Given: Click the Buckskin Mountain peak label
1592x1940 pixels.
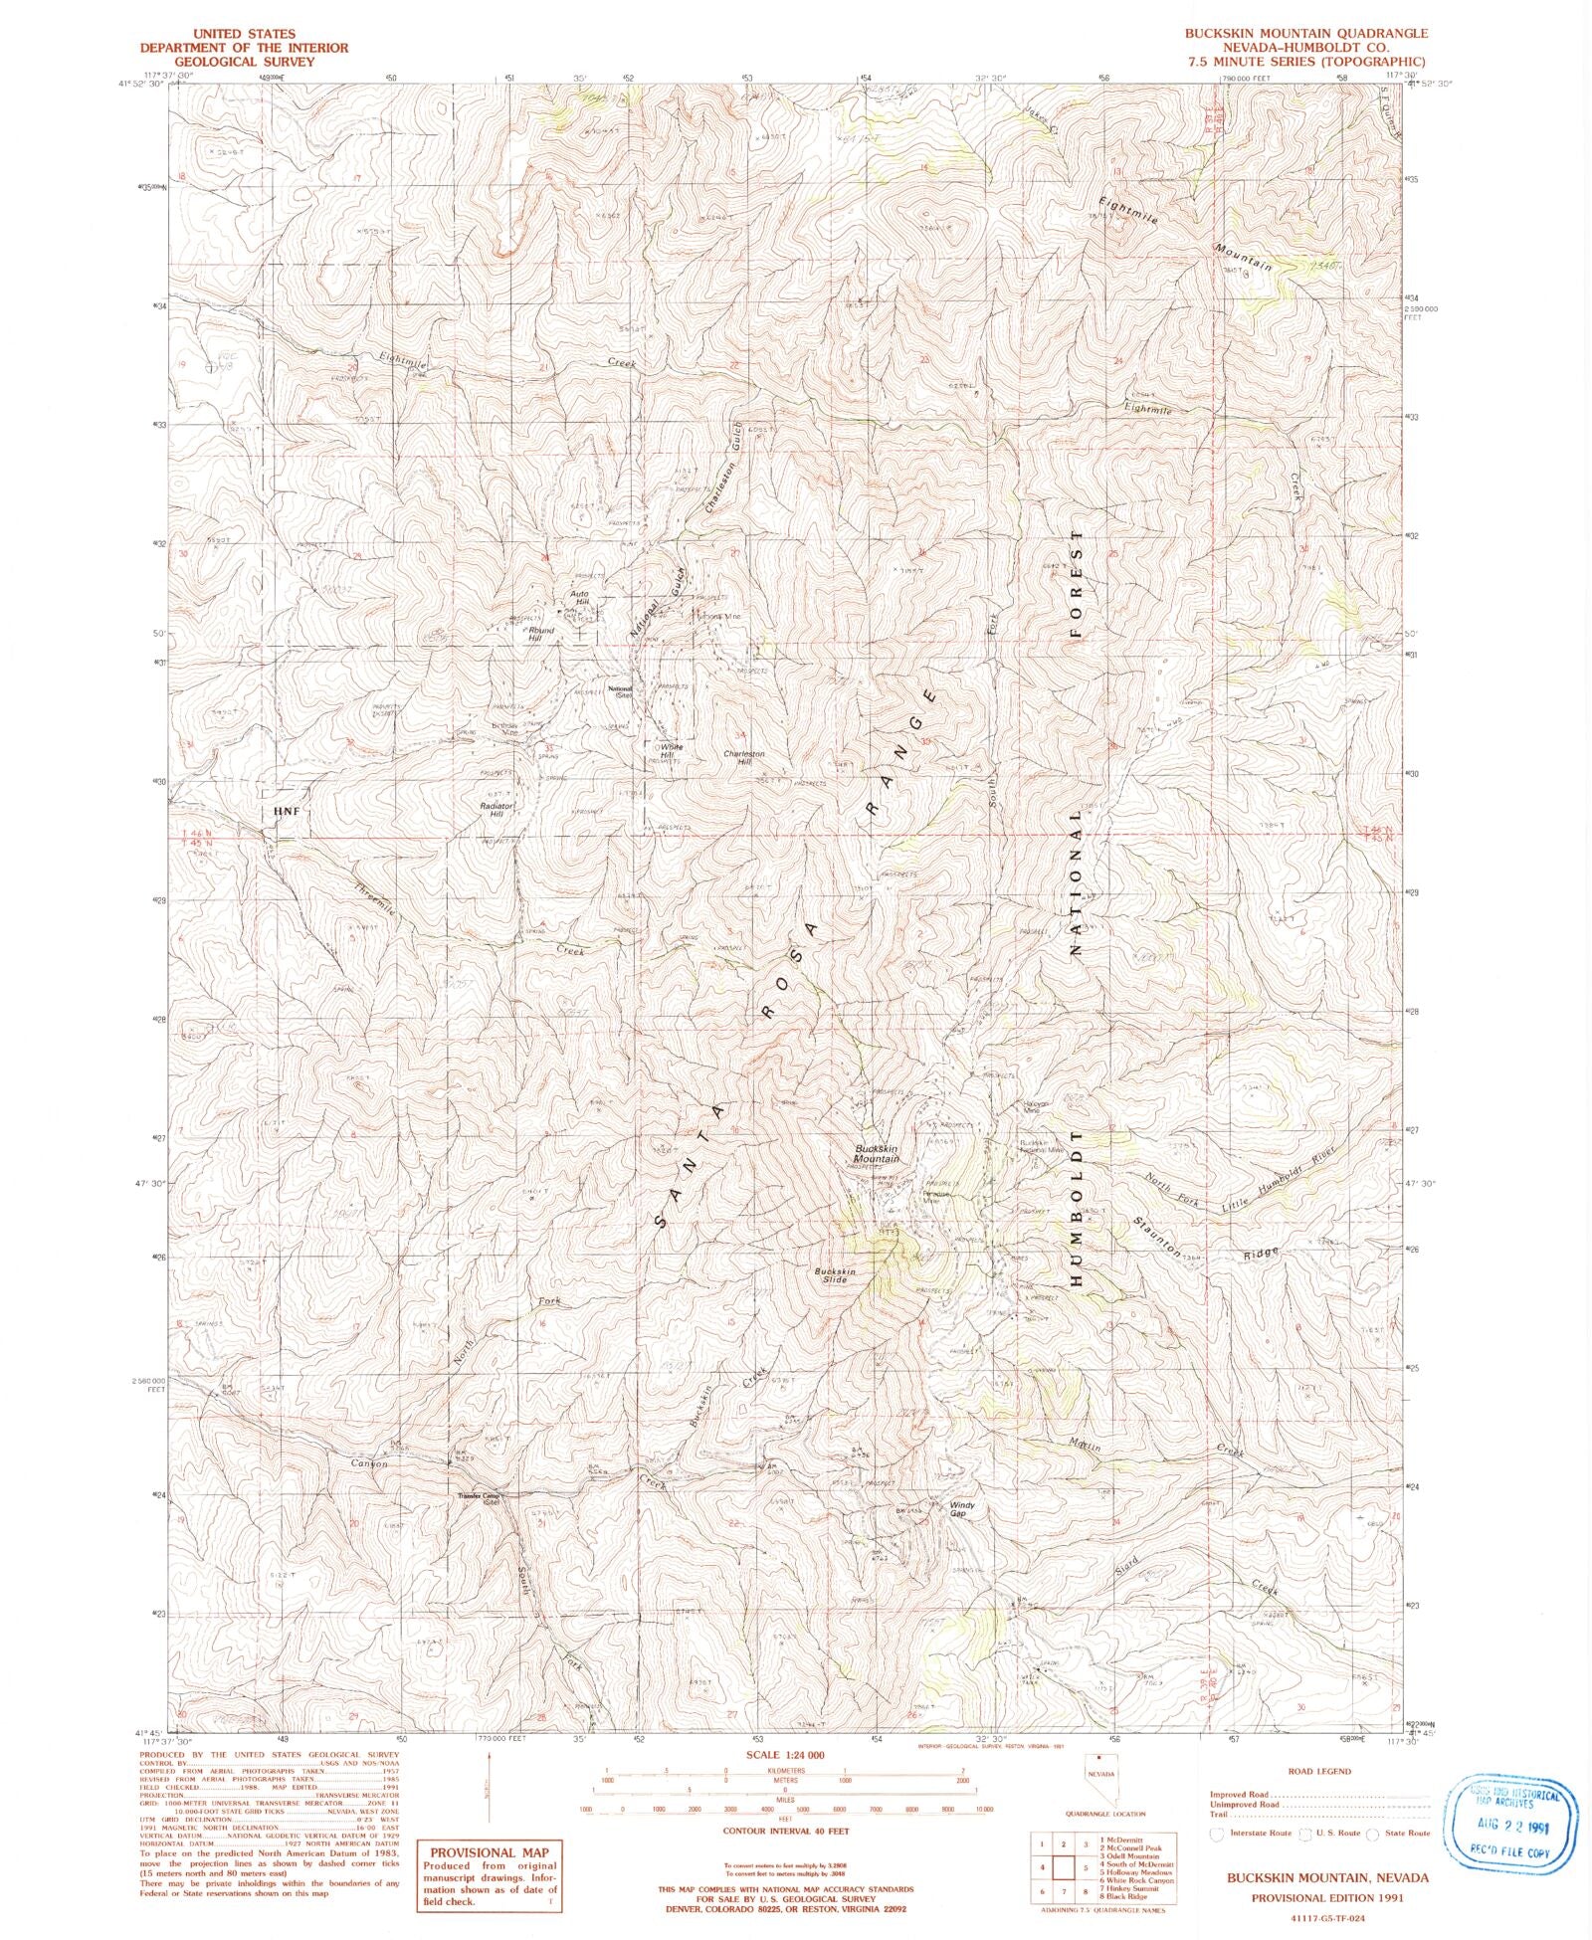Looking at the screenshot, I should tap(876, 1154).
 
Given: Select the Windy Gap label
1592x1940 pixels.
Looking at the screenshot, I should tap(961, 1509).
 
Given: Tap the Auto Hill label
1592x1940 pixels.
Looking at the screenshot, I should tap(580, 599).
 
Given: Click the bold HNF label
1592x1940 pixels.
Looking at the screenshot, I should tap(286, 812).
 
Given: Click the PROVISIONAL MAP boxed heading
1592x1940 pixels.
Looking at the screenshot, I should tap(489, 1852).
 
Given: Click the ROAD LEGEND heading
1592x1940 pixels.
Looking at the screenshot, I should tap(1319, 1771).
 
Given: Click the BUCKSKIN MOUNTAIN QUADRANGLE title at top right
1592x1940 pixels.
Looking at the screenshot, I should tap(1305, 33).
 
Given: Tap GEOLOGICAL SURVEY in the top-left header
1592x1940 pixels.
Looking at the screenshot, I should tap(244, 61).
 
